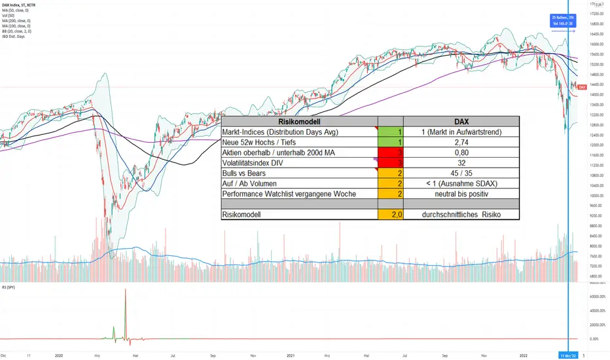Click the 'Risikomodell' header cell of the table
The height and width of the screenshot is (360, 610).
pyautogui.click(x=300, y=121)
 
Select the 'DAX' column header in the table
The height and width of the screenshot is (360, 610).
pyautogui.click(x=461, y=121)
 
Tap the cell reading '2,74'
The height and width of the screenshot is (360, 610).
pyautogui.click(x=461, y=142)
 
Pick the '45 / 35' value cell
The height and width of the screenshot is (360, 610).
pyautogui.click(x=461, y=173)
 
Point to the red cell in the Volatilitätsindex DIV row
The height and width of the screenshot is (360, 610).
pyautogui.click(x=391, y=162)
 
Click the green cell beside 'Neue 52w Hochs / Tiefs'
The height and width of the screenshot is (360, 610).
pyautogui.click(x=391, y=142)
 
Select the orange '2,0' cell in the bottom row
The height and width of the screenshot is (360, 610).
pyautogui.click(x=391, y=214)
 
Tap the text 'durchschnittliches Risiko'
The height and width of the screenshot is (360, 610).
pyautogui.click(x=461, y=214)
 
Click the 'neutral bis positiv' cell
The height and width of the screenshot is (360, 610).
pyautogui.click(x=461, y=194)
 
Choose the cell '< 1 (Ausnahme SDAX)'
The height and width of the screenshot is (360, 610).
pyautogui.click(x=461, y=183)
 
